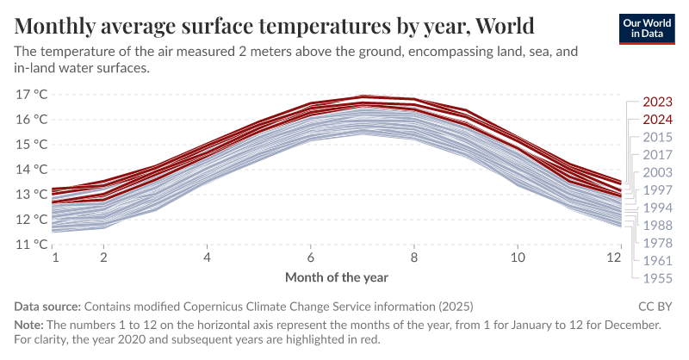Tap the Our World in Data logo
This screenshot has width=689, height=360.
[648, 28]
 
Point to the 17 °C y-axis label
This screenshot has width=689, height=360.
[32, 94]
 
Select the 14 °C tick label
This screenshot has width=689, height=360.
[32, 169]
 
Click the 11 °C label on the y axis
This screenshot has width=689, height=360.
[32, 244]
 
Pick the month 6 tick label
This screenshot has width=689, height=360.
[310, 258]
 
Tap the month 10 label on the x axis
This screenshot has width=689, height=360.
[517, 258]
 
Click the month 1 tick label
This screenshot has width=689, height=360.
[53, 258]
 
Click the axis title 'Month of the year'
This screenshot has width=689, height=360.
[337, 277]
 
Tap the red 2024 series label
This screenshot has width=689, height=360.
[658, 120]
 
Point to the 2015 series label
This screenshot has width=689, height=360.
[658, 138]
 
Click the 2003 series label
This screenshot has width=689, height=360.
[658, 172]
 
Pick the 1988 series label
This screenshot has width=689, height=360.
[658, 225]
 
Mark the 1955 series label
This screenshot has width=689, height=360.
[658, 277]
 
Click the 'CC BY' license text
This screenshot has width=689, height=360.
[655, 307]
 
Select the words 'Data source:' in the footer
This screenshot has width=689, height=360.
[47, 307]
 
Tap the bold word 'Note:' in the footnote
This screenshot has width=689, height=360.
[31, 325]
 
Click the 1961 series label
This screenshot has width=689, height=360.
[658, 260]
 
